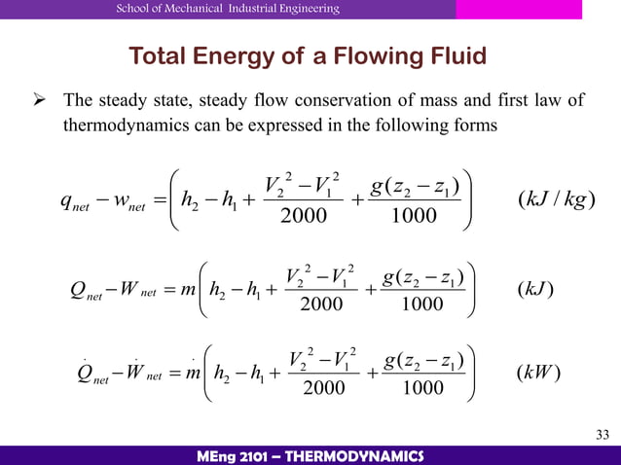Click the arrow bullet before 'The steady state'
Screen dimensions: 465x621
[43, 102]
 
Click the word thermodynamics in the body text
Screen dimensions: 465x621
[120, 125]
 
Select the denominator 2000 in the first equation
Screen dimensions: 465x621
[304, 215]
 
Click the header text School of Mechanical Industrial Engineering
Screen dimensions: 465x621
[228, 9]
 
